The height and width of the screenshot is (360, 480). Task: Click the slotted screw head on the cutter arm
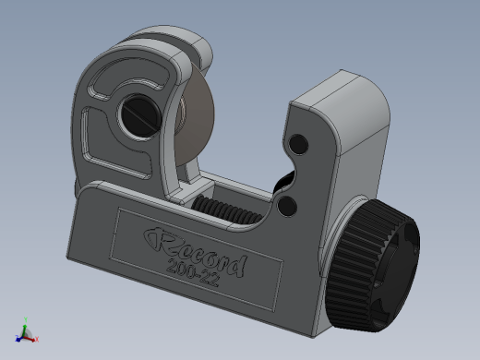pyautogui.click(x=141, y=115)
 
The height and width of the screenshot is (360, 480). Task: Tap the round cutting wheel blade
pyautogui.click(x=197, y=117)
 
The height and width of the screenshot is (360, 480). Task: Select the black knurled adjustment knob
pyautogui.click(x=372, y=265)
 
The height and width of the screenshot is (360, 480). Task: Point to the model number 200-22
pyautogui.click(x=193, y=272)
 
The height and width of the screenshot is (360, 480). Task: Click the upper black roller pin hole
pyautogui.click(x=298, y=144)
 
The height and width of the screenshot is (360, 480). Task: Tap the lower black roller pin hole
pyautogui.click(x=287, y=205)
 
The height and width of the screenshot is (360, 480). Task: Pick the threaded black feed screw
pyautogui.click(x=226, y=210)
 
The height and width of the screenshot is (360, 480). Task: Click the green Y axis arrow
pyautogui.click(x=26, y=325)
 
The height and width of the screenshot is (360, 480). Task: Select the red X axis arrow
pyautogui.click(x=30, y=339)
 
